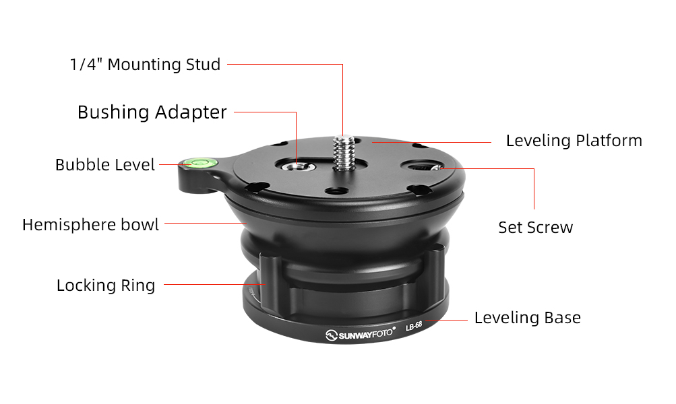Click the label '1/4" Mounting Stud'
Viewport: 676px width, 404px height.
[x=146, y=65]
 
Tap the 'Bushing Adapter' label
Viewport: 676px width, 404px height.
[x=152, y=112]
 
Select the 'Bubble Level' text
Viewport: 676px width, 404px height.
[x=104, y=164]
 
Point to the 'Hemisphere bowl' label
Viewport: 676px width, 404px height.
[x=90, y=224]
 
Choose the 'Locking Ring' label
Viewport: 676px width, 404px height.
[x=106, y=285]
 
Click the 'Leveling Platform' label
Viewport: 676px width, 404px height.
[x=574, y=141]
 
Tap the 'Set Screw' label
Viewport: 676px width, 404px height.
[x=535, y=228]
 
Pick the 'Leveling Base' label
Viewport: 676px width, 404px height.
[x=527, y=318]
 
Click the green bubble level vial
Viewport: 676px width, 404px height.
[x=199, y=163]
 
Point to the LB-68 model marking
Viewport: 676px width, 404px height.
[x=413, y=326]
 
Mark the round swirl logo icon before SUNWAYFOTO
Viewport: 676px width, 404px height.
[x=331, y=335]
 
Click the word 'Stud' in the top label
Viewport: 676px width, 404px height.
[x=203, y=65]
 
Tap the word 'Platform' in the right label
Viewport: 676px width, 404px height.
[x=609, y=141]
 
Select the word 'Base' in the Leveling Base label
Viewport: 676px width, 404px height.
[x=563, y=318]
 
